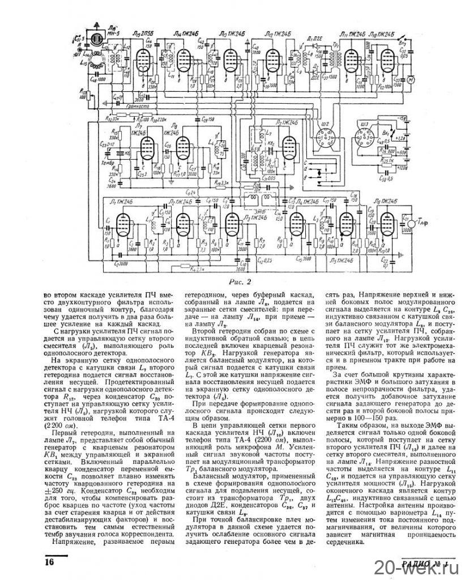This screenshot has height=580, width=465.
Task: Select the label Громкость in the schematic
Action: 139,106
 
